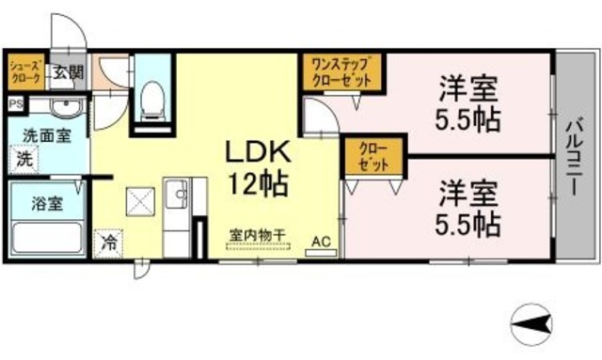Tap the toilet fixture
[x=150, y=96]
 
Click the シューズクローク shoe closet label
[x=25, y=72]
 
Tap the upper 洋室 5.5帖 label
[x=467, y=106]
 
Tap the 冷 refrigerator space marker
[x=112, y=242]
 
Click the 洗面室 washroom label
[x=46, y=135]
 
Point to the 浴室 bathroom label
[x=40, y=201]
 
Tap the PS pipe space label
[x=15, y=102]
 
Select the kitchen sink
[x=176, y=196]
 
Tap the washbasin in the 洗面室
[x=62, y=106]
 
